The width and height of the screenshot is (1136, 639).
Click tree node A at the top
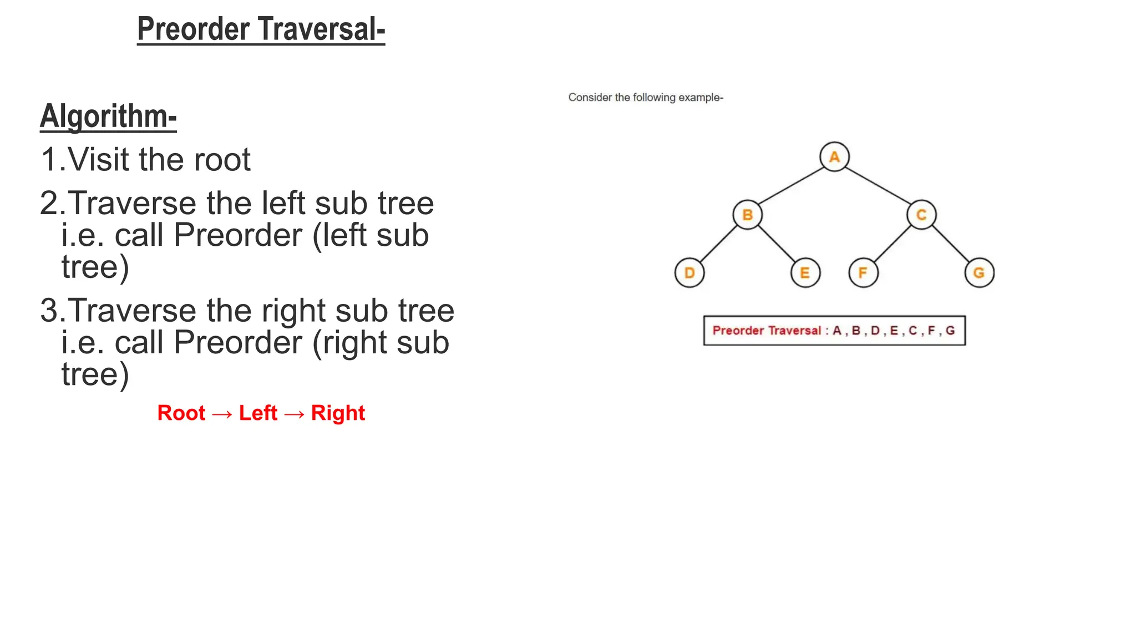pos(834,157)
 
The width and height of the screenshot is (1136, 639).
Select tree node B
pos(747,215)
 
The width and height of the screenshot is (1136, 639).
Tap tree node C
pos(921,215)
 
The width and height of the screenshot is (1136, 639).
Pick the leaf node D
pos(689,273)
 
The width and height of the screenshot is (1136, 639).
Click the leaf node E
pos(805,273)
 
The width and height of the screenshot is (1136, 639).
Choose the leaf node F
pos(863,273)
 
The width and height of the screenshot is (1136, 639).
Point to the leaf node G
pos(979,273)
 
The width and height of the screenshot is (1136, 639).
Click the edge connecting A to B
pos(791,186)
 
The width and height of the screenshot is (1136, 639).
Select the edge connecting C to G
pos(951,244)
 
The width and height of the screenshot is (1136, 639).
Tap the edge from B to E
pos(777,244)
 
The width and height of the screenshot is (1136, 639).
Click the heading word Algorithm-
pos(108,116)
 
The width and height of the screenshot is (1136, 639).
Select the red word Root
pos(181,413)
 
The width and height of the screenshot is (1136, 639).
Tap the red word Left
pos(258,413)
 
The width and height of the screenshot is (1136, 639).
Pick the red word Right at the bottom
pos(338,413)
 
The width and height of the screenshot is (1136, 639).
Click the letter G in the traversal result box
pos(950,331)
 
